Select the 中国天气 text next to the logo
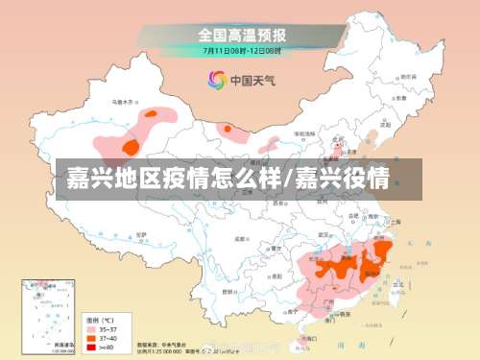click(252, 81)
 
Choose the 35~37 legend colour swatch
click(94, 327)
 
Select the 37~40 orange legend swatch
click(94, 337)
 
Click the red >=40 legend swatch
click(94, 347)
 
